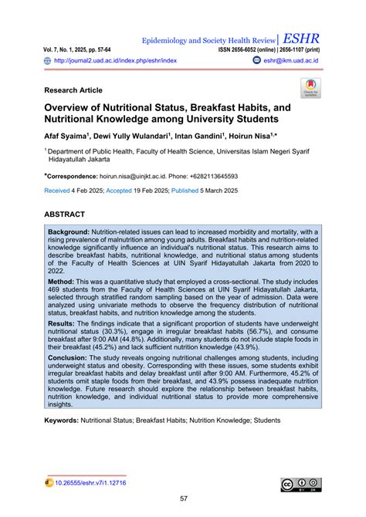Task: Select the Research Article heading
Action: [x=77, y=90]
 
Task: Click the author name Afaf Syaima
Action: [x=66, y=136]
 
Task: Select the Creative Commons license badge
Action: [x=300, y=485]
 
